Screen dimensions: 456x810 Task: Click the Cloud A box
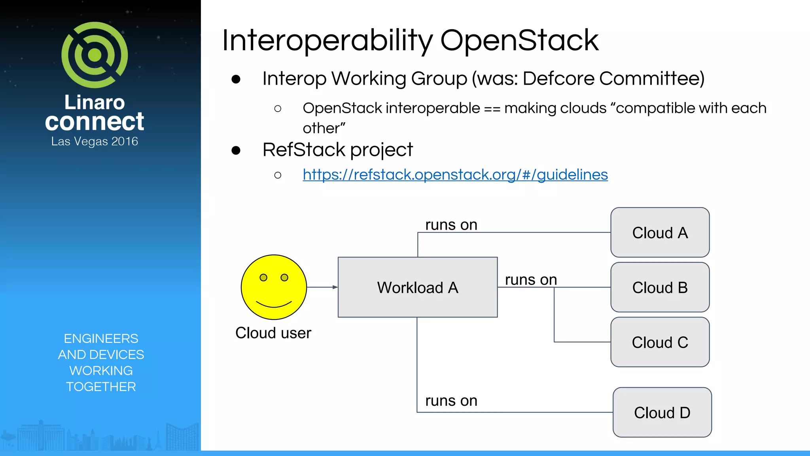660,232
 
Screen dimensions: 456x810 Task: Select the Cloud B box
660,287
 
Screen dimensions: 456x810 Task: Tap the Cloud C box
660,342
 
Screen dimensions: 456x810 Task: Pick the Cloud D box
662,412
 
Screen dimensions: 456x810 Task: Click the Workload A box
418,287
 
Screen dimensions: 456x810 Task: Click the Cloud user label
273,333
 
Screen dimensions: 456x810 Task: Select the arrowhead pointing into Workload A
335,287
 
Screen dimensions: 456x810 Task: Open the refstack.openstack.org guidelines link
455,175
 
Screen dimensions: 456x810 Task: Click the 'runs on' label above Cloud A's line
451,225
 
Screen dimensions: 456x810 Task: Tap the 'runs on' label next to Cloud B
531,280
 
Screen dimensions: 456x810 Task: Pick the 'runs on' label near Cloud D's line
451,401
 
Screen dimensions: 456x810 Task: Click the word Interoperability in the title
327,41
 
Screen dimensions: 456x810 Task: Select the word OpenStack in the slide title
519,41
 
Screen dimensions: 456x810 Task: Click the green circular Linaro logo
95,55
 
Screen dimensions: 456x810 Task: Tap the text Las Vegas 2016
95,141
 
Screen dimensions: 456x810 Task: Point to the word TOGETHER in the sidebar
101,387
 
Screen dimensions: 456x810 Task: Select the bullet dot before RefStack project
236,150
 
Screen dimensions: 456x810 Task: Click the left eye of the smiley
263,277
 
